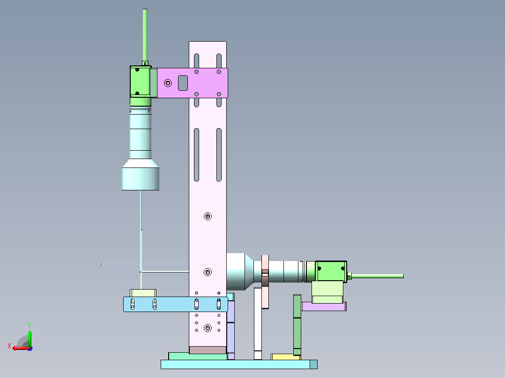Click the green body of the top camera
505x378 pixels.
point(141,81)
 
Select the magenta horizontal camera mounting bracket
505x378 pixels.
point(192,83)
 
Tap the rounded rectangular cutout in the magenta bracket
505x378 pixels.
point(183,83)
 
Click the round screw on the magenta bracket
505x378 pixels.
point(168,83)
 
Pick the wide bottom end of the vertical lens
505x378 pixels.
point(141,179)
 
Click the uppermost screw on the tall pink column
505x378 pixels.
point(208,216)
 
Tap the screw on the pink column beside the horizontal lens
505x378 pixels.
point(208,272)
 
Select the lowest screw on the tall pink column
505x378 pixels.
point(208,328)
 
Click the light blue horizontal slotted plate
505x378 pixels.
point(176,305)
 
